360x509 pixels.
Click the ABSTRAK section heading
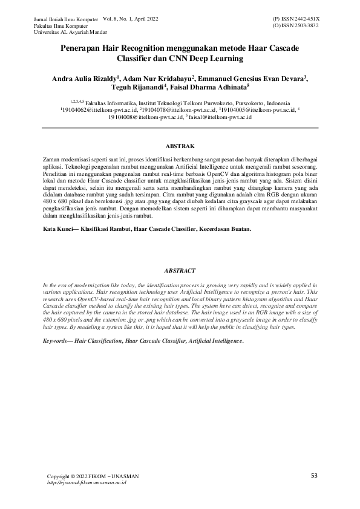(180, 146)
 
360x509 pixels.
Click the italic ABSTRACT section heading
(180, 271)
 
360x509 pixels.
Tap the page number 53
(314, 476)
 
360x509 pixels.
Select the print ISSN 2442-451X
(297, 20)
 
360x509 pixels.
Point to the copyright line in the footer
(93, 477)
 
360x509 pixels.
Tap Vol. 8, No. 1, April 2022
(131, 20)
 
